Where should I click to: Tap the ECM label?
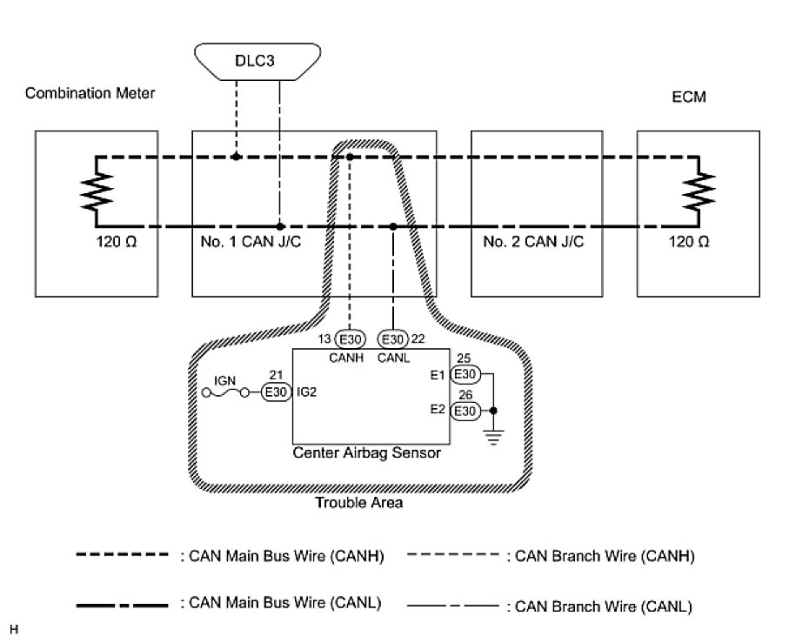694,98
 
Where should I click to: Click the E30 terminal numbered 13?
348,338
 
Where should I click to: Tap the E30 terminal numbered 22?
392,338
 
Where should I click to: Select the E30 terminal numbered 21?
276,392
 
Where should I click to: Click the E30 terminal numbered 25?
465,374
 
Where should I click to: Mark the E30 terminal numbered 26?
465,411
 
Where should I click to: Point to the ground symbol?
494,438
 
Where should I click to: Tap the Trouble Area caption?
358,503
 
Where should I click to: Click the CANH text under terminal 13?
340,357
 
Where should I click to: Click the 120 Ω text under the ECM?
691,241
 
